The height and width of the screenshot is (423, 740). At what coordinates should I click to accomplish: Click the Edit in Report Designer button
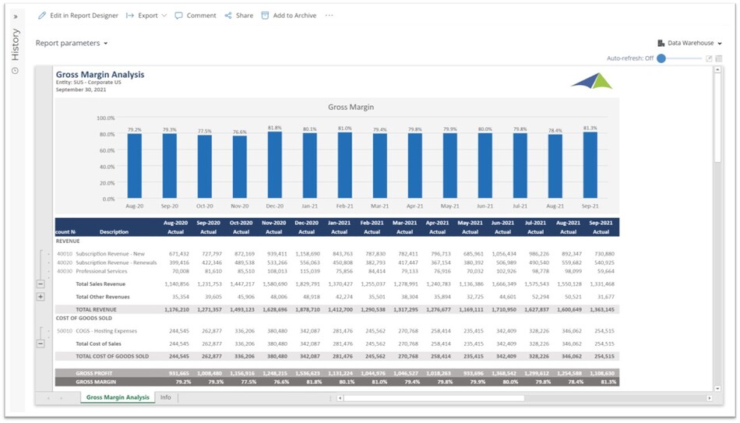coord(78,16)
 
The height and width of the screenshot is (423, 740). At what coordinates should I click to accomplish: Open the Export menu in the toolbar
coord(146,16)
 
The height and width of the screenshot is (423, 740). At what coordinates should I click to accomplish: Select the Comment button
coord(196,16)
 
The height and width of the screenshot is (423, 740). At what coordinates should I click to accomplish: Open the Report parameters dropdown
coord(72,44)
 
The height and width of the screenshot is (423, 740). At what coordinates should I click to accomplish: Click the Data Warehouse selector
coord(689,44)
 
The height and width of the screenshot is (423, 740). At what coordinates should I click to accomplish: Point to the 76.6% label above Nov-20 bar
coord(239,132)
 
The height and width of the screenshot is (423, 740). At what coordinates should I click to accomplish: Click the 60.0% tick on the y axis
coord(106,150)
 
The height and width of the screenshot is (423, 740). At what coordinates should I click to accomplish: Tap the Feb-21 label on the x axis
coord(344,206)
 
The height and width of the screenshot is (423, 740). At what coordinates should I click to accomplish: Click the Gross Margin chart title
coord(351,107)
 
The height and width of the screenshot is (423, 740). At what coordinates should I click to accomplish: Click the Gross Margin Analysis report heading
coord(100,75)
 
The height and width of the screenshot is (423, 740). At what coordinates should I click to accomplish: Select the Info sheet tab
coord(165,397)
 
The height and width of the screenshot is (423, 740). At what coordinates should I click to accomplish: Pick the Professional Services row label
coord(102,271)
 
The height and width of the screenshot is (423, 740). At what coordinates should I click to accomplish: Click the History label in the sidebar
coord(15,44)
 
